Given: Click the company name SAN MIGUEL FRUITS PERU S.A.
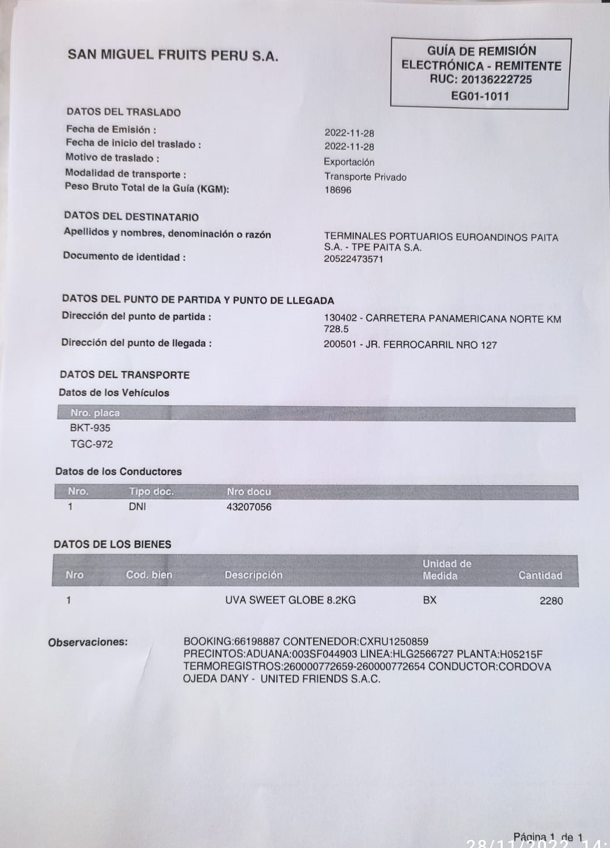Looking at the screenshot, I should click(x=173, y=55).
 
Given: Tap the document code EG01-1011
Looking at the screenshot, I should click(x=480, y=96).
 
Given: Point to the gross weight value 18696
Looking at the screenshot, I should click(x=338, y=190).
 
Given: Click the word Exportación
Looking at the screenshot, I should click(x=349, y=162).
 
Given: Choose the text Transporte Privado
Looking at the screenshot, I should click(x=365, y=176).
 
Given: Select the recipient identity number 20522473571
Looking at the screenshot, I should click(x=353, y=259).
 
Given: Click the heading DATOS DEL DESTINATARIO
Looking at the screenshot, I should click(x=131, y=217).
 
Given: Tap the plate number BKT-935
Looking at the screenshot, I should click(x=90, y=427).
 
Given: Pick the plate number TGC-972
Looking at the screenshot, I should click(x=91, y=444).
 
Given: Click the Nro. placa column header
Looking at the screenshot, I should click(x=95, y=413).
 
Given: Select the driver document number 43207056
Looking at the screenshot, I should click(x=249, y=507).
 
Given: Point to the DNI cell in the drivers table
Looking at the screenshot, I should click(x=137, y=507).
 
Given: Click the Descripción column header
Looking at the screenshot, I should click(x=253, y=575).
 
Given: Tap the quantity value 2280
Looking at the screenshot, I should click(x=551, y=600).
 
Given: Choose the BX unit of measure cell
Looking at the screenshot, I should click(x=430, y=600).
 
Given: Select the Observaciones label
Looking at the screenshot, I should click(x=87, y=642).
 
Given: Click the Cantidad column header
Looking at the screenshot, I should click(x=540, y=575).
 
